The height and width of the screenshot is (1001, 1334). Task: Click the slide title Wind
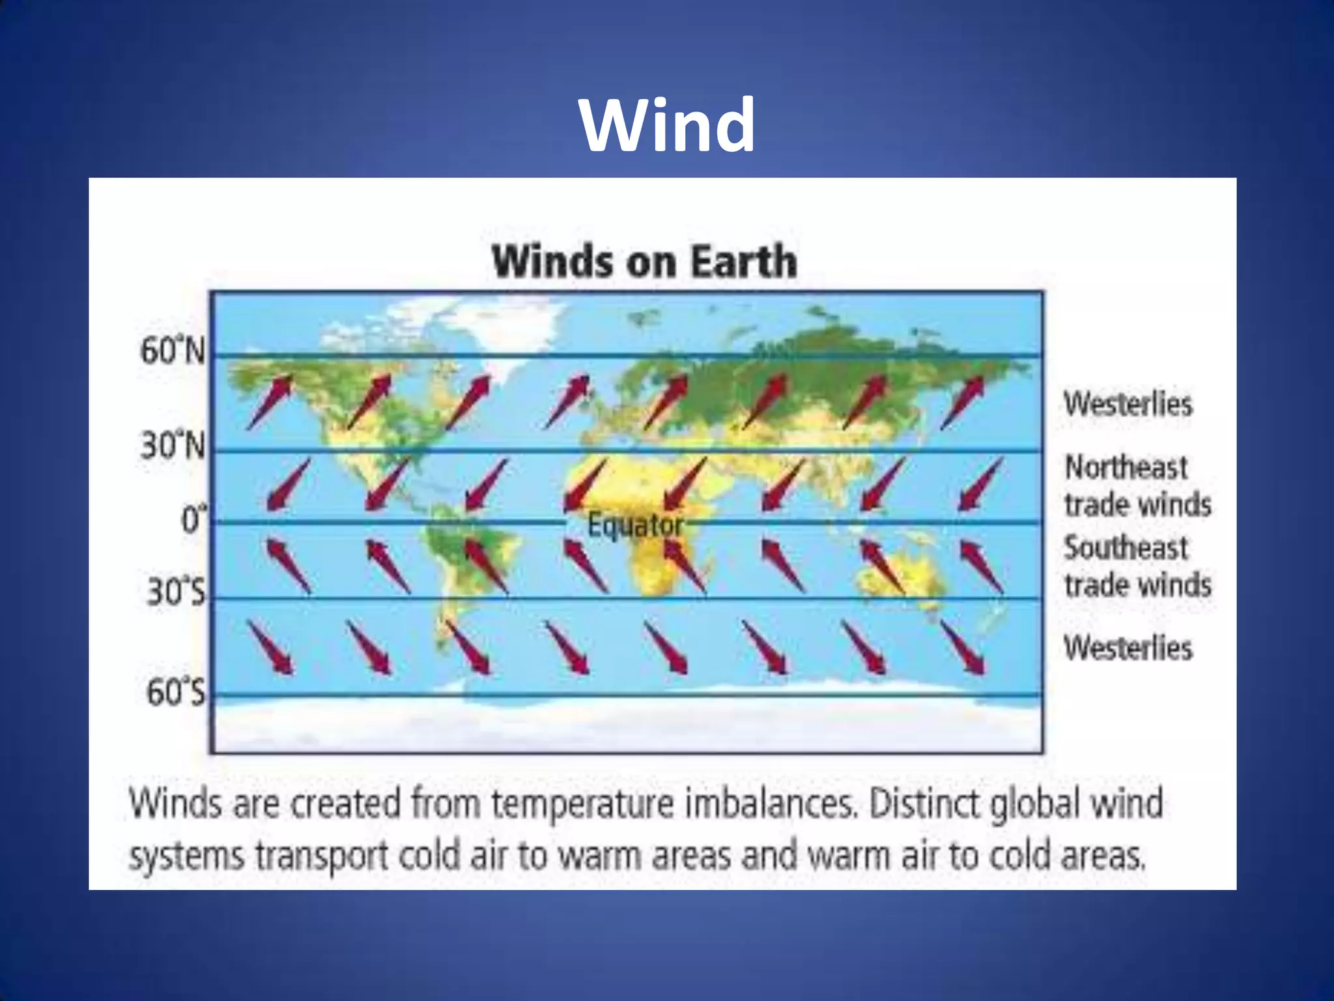coord(668,124)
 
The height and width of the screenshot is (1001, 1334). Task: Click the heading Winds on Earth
coord(644,262)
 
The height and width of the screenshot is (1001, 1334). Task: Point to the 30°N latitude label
coord(173,446)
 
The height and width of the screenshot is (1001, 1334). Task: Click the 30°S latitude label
coord(175,592)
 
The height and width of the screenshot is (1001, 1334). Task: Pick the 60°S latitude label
coord(175,692)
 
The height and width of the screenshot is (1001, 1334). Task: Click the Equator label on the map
coord(635,525)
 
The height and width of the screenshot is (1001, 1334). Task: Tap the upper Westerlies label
coord(1128,404)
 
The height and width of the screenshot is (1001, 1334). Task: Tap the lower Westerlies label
coord(1128,648)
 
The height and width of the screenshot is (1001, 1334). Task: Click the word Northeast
coord(1126,467)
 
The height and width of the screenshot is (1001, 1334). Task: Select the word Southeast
coord(1126,548)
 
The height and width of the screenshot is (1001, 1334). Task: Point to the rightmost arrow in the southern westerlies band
coord(961,647)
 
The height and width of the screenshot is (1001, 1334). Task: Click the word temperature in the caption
coord(582,804)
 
